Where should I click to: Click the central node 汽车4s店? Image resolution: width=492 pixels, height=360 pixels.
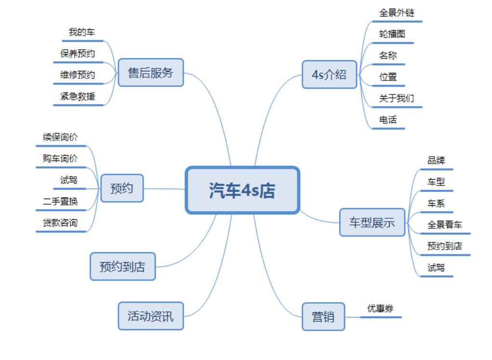[x=242, y=190]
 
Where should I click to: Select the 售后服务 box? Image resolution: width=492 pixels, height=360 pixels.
[x=150, y=73]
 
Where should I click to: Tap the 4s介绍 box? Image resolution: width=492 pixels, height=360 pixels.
[x=329, y=74]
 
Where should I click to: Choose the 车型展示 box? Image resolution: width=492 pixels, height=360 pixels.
[x=372, y=223]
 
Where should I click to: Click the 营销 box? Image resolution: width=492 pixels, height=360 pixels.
[x=323, y=317]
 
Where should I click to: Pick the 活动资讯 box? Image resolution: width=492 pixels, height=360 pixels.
[x=150, y=316]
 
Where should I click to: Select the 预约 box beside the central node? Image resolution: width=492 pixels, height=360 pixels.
[x=121, y=188]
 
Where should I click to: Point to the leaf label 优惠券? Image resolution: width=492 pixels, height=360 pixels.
[x=380, y=308]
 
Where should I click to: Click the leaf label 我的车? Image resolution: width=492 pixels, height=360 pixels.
[x=81, y=33]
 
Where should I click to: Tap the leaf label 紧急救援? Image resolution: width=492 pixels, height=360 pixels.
[x=78, y=96]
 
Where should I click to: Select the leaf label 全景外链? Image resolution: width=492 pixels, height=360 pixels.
[x=397, y=13]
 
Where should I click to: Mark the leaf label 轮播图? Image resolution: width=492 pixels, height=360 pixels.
[x=392, y=34]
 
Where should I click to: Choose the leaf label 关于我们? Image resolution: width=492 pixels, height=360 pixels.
[x=396, y=98]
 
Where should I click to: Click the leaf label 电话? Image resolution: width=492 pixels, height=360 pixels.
[x=388, y=120]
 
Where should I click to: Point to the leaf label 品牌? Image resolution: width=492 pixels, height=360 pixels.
[x=436, y=160]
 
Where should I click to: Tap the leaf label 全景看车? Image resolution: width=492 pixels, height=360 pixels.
[x=444, y=225]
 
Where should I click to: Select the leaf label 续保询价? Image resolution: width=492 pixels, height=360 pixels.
[x=60, y=137]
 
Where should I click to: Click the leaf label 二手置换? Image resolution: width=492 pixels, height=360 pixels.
[x=60, y=201]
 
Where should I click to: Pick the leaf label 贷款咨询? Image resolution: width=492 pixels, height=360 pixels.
[x=60, y=223]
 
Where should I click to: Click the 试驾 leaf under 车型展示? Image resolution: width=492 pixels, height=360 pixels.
[x=436, y=267]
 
